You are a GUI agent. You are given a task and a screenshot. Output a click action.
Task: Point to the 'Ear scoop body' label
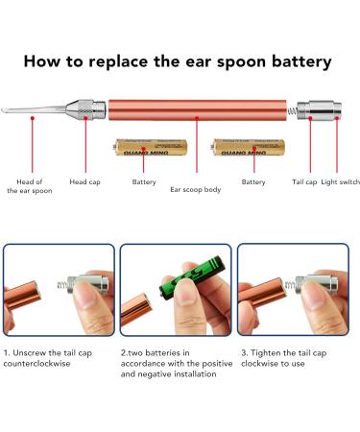click(195, 189)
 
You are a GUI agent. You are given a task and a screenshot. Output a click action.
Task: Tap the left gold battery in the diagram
click(142, 148)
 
